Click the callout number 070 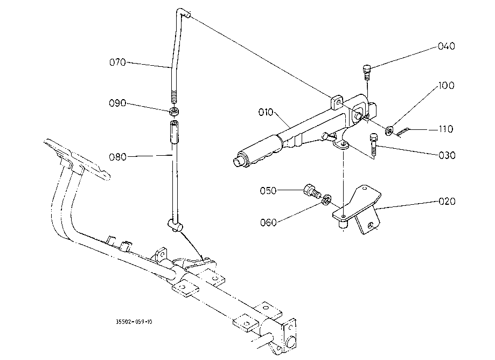(117, 63)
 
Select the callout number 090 (117, 103)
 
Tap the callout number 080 (117, 157)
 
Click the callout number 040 (446, 46)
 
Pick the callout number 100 (445, 86)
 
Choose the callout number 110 (445, 129)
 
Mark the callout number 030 (447, 155)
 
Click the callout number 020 (447, 202)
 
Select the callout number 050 (268, 190)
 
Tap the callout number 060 (268, 222)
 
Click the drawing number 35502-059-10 (134, 322)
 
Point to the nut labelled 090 (174, 112)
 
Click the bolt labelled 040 (366, 71)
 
